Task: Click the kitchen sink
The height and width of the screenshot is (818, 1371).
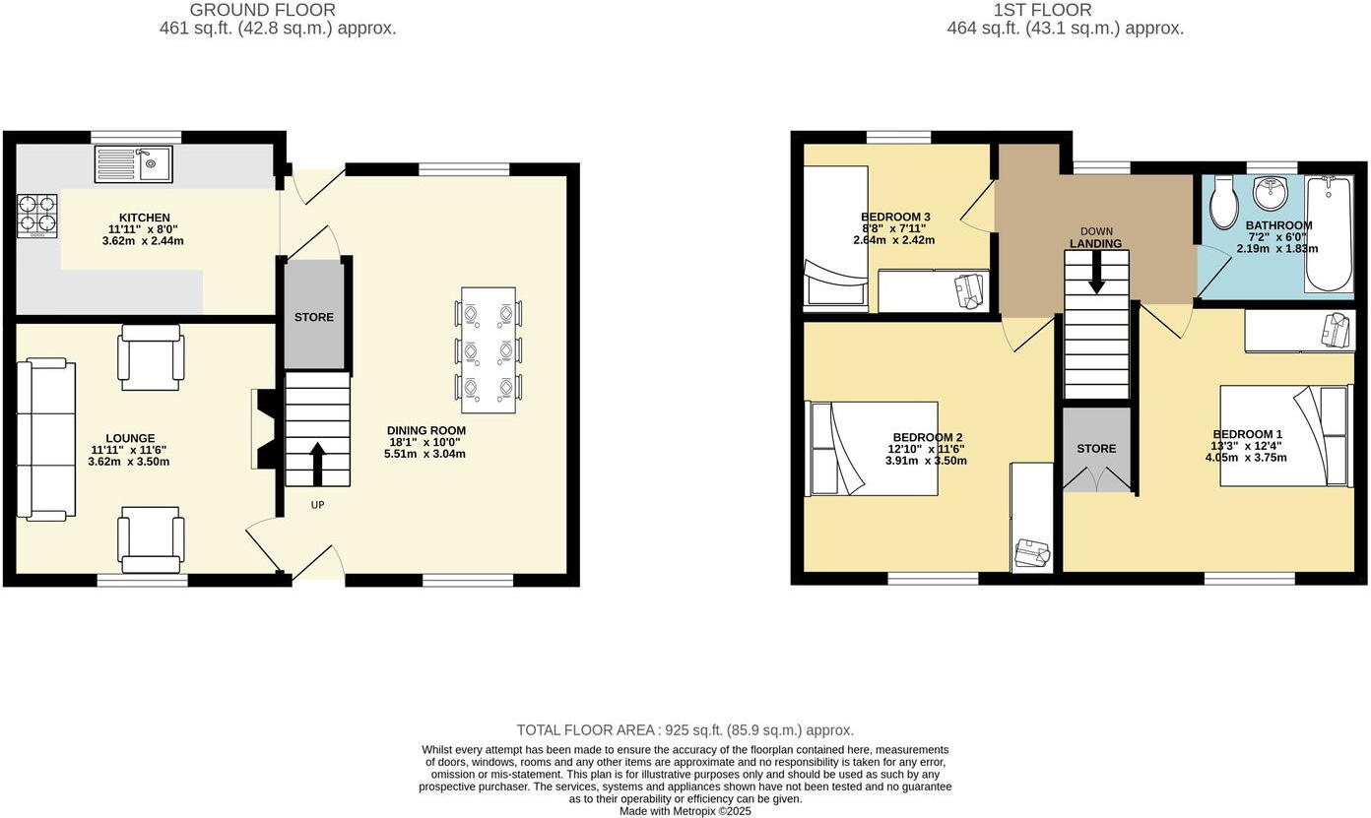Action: tap(134, 163)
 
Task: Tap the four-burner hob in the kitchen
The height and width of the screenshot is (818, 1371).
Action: tap(37, 216)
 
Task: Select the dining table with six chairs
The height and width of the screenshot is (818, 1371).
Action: tap(489, 349)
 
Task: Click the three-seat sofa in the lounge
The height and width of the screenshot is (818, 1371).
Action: tap(45, 439)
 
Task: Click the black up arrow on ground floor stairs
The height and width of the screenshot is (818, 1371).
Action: tap(317, 464)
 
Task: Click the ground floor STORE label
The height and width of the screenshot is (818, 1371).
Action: tap(314, 317)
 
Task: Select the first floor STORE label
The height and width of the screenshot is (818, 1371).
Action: tap(1096, 448)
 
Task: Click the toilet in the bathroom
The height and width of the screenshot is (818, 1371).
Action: tap(1224, 201)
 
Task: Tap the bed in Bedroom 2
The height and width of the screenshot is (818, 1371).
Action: tap(872, 448)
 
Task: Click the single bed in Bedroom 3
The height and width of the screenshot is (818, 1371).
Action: tap(835, 236)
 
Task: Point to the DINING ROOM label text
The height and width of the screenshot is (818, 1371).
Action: tap(426, 430)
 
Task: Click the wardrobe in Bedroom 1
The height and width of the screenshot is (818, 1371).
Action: tap(1299, 330)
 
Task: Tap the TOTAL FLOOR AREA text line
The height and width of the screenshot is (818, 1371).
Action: tap(685, 730)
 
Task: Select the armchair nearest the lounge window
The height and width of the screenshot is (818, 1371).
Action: tap(151, 539)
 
